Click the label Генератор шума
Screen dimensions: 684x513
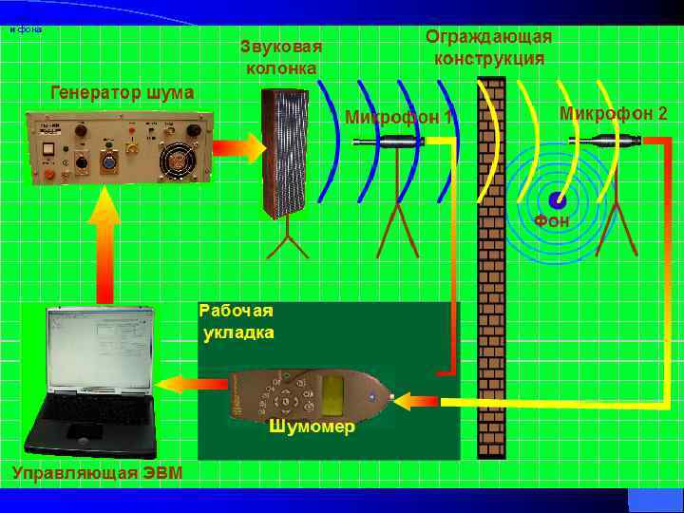coord(121,93)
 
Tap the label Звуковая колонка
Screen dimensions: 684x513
coord(281,57)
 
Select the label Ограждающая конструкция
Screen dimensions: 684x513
coord(489,47)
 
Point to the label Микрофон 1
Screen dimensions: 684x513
coord(398,119)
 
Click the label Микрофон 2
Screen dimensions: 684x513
coord(613,113)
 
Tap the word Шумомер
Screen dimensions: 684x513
coord(312,427)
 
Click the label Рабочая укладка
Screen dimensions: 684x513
coord(237,321)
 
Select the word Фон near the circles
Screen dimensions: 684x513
coord(552,221)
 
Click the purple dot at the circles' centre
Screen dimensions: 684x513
coord(558,200)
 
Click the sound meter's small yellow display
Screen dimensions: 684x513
coord(333,389)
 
